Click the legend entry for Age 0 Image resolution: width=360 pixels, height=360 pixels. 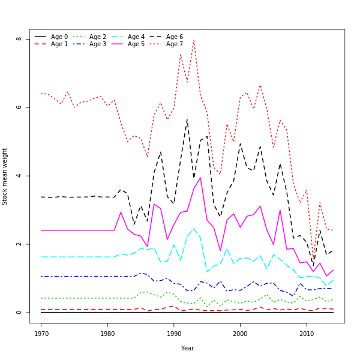[x=59, y=37]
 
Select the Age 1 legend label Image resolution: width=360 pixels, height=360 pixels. [x=59, y=44]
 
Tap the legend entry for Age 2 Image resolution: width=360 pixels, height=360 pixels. [x=98, y=37]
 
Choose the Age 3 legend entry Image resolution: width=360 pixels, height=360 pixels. [x=98, y=44]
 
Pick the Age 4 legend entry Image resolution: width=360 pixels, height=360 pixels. [x=136, y=37]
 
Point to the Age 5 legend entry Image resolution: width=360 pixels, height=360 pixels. [x=136, y=44]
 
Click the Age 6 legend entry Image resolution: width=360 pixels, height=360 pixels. [x=175, y=37]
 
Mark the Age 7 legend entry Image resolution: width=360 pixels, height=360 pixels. [x=175, y=44]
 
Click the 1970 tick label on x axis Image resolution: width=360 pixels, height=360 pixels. [x=41, y=333]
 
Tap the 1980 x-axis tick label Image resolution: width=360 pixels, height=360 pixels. [x=108, y=333]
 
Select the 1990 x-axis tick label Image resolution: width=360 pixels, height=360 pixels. [x=174, y=333]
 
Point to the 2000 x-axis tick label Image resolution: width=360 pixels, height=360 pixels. [x=241, y=333]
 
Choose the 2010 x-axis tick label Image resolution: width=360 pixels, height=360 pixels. [x=307, y=333]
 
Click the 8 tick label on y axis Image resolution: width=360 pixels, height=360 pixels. [x=19, y=39]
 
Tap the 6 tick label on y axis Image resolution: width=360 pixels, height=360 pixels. [x=19, y=107]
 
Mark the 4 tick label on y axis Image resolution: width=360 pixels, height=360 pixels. [x=19, y=176]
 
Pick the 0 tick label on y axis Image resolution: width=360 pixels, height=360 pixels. [x=19, y=313]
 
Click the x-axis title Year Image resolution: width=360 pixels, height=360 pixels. [x=187, y=348]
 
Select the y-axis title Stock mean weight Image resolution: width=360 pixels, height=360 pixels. [x=5, y=176]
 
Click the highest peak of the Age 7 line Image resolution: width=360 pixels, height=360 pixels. [x=194, y=40]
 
